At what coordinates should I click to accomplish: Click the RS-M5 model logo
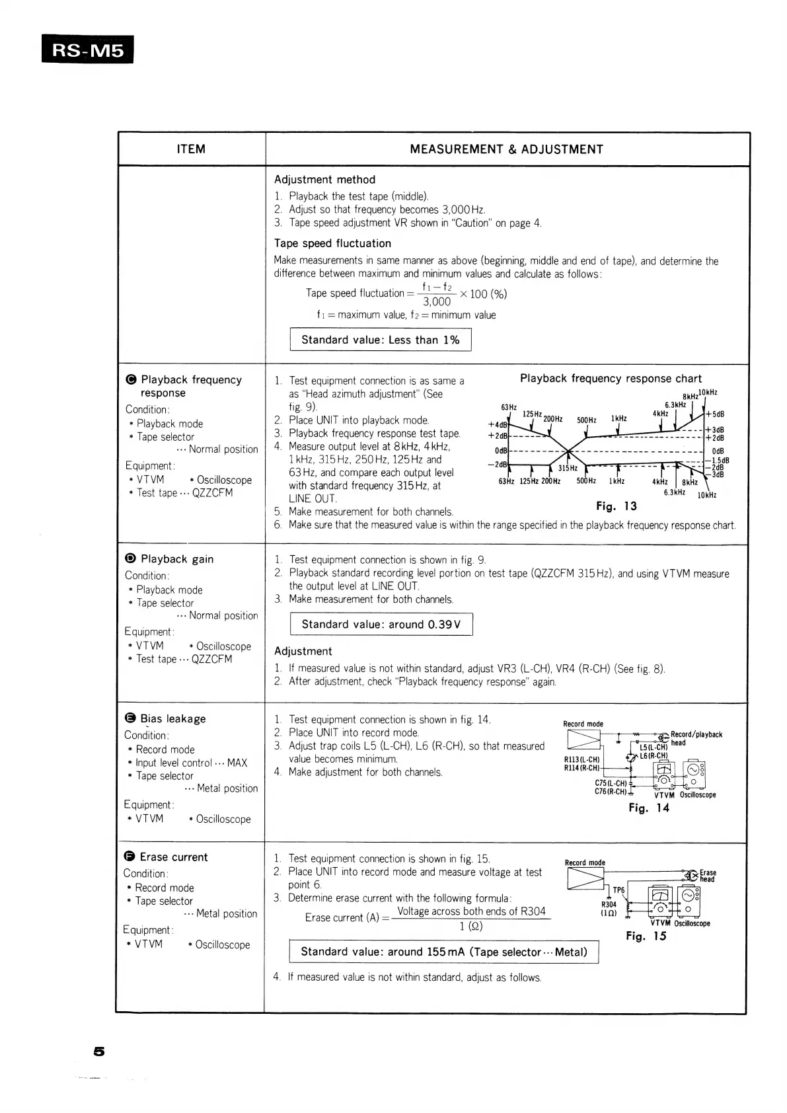(87, 50)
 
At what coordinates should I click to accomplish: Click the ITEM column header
(191, 149)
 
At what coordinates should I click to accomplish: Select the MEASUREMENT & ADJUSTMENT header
(506, 149)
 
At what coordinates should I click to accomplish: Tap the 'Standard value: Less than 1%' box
(380, 340)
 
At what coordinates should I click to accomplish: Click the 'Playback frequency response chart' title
(611, 379)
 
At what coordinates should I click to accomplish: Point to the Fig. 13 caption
(616, 506)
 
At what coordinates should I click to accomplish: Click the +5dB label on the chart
(716, 414)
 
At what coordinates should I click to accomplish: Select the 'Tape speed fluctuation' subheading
(332, 243)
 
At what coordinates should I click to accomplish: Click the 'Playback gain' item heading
(176, 559)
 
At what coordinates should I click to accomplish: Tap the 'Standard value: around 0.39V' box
(381, 625)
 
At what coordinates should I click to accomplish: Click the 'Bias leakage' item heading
(172, 719)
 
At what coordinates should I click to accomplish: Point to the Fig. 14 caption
(648, 808)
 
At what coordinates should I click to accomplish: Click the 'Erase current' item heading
(173, 857)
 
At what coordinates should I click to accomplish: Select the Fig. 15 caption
(646, 936)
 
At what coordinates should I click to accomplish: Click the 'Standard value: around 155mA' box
(443, 952)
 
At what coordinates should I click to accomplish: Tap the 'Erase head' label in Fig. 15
(708, 876)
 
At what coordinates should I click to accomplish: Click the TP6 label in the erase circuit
(618, 890)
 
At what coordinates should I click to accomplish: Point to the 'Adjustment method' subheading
(324, 180)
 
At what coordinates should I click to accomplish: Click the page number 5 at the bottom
(99, 1051)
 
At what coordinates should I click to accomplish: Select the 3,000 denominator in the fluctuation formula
(437, 302)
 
